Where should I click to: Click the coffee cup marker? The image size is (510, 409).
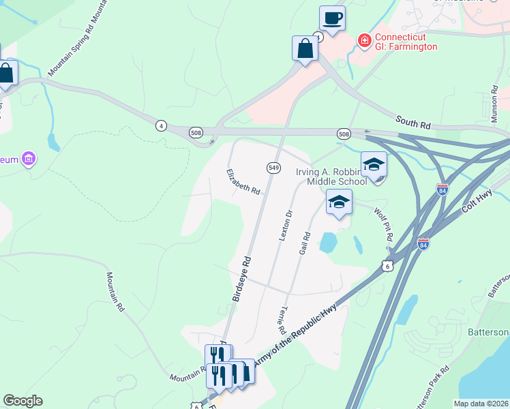click(332, 18)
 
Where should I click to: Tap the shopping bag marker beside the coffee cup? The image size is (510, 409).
click(305, 48)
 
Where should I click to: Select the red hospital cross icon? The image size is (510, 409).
click(365, 42)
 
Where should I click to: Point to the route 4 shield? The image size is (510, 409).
click(161, 125)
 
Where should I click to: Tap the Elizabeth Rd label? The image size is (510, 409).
click(243, 181)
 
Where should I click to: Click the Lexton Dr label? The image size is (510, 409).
click(285, 224)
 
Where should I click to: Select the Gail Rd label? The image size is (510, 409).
click(305, 243)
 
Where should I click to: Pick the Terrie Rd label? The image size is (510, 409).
click(281, 314)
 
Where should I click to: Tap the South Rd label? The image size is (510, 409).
click(413, 124)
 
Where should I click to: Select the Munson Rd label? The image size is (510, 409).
click(495, 104)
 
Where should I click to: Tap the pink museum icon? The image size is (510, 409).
click(28, 160)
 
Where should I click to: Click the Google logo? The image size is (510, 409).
click(22, 401)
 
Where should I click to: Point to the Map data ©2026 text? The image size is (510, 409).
click(481, 404)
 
